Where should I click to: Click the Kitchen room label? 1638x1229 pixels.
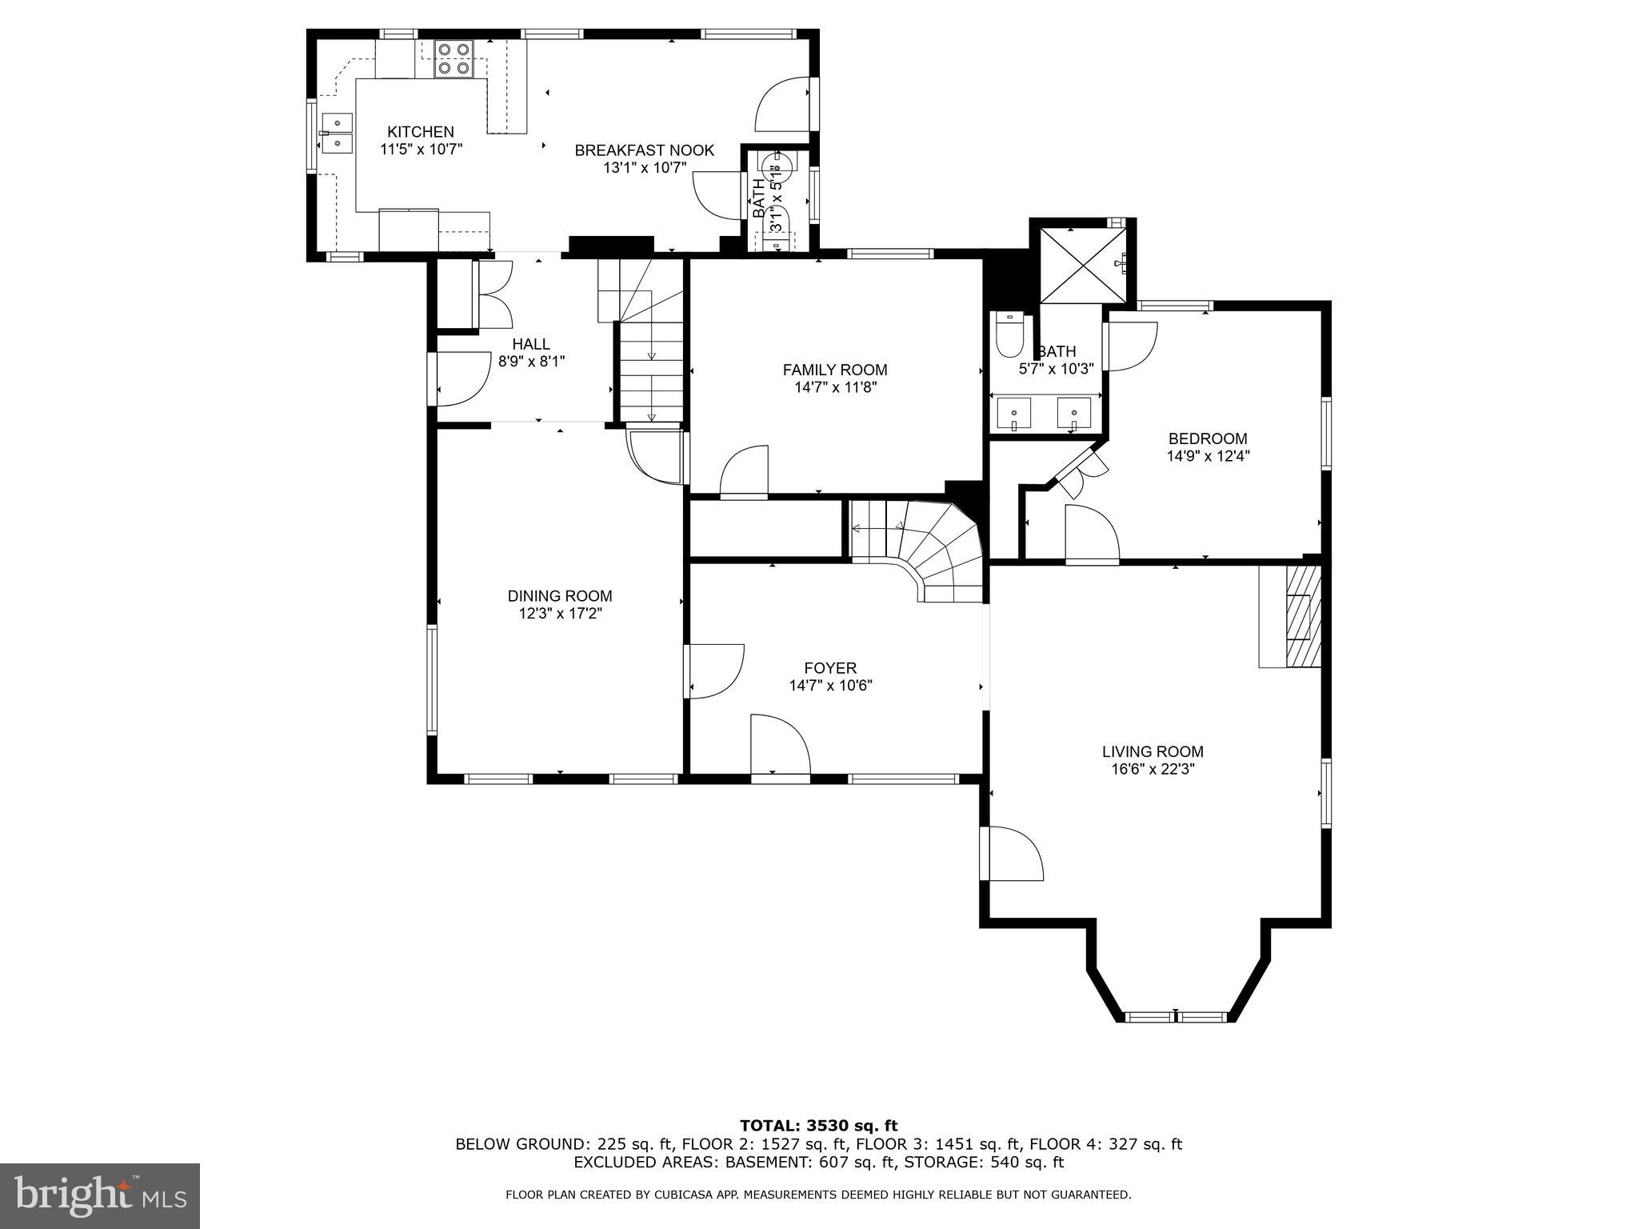(x=421, y=132)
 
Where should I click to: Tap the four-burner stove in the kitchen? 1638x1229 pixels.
(x=453, y=59)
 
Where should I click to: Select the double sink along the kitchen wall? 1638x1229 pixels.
(x=337, y=133)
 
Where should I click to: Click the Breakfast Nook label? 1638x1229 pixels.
(x=644, y=150)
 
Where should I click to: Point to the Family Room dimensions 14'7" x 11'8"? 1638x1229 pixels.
(x=834, y=387)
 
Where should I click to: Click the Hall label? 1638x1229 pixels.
(x=531, y=344)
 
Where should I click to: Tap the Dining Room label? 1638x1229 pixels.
(x=560, y=596)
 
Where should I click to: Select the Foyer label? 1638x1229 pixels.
(x=830, y=668)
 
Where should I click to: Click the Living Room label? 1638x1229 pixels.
(x=1153, y=752)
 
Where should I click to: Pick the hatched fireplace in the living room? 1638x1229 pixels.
(x=1301, y=616)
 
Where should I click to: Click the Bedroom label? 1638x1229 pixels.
(x=1208, y=438)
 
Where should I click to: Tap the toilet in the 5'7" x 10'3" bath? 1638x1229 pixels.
(x=1009, y=334)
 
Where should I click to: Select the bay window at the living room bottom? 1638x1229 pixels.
(x=1176, y=1017)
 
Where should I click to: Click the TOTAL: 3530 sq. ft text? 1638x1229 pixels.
(x=818, y=1127)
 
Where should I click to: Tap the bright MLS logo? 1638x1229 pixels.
(x=100, y=1196)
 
